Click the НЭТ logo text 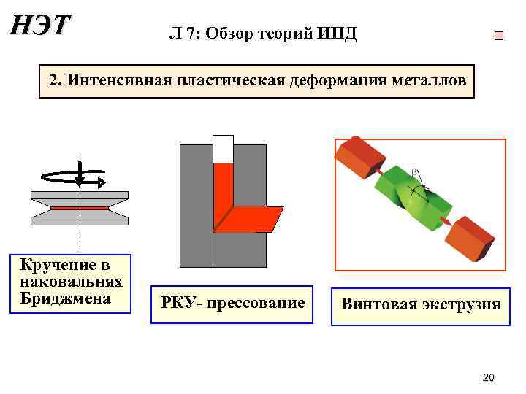click(x=39, y=26)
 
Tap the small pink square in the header click(x=499, y=36)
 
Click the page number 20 click(x=489, y=377)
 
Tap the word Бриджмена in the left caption click(x=66, y=298)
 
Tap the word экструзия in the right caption click(x=460, y=304)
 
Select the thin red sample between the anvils click(x=79, y=208)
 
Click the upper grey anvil click(x=79, y=198)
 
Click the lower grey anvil click(x=79, y=218)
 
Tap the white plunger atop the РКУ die click(x=223, y=149)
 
